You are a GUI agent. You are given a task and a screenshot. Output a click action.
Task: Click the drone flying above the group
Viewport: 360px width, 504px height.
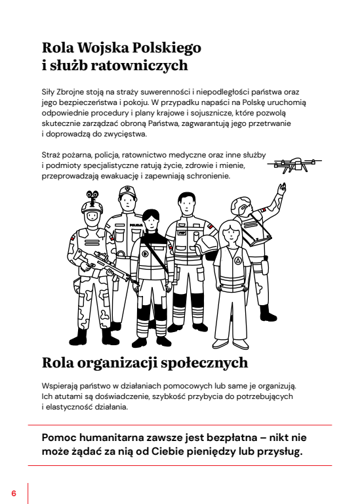point(294,165)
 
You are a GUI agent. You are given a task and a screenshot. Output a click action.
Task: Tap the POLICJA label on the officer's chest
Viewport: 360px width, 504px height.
point(136,225)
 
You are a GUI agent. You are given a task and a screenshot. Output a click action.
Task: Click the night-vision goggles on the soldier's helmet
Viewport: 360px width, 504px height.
point(92,195)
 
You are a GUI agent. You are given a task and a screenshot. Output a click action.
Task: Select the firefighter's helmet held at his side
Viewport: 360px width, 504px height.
point(207,247)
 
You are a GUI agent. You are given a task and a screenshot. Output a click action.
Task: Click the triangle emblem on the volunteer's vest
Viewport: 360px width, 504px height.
point(237,260)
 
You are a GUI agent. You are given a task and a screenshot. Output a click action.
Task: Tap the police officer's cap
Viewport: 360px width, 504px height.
point(127,191)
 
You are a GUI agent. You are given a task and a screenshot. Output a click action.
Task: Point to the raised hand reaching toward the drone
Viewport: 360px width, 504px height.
point(282,188)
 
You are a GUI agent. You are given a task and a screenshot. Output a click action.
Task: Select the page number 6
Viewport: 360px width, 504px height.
point(14,493)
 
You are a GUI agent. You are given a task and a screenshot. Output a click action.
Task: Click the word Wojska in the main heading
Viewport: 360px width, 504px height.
point(104,48)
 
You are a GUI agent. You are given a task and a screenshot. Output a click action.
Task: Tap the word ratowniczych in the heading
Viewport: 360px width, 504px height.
point(140,65)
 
